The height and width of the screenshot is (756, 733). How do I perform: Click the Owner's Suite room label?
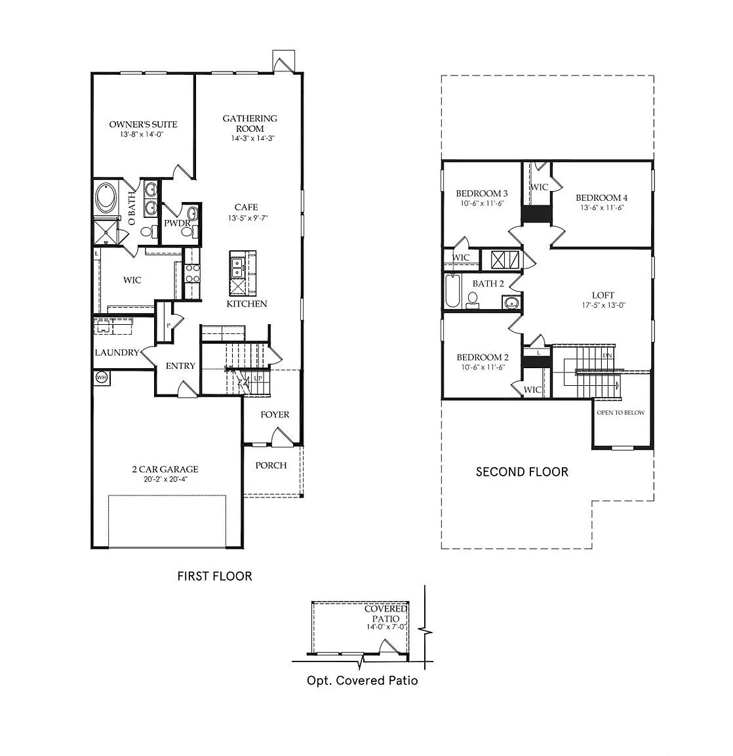click(x=143, y=125)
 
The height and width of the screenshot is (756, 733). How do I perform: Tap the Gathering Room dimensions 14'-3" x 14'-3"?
click(x=253, y=138)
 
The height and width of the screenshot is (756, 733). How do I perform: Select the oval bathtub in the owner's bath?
click(x=106, y=198)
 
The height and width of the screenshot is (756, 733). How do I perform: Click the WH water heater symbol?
click(x=101, y=377)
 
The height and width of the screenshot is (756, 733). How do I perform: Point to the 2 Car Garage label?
click(x=165, y=469)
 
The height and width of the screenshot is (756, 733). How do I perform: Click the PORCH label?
click(x=271, y=465)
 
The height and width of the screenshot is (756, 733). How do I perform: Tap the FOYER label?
click(x=275, y=415)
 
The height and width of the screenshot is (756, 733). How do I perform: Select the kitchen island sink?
click(x=237, y=267)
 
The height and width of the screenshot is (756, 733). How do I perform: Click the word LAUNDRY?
click(x=117, y=352)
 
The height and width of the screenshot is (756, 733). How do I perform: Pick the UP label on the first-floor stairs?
click(x=258, y=379)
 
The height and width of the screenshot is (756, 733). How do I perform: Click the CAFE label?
click(x=246, y=207)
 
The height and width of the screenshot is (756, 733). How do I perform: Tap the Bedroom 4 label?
click(x=601, y=198)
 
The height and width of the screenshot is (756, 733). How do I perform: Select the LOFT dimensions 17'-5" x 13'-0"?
click(x=603, y=305)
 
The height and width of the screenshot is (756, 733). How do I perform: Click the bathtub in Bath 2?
click(x=452, y=291)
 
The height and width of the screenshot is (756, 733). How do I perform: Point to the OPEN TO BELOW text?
click(x=620, y=413)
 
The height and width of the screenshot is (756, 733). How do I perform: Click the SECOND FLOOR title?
click(x=522, y=472)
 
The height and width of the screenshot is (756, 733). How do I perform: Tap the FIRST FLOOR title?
click(x=215, y=576)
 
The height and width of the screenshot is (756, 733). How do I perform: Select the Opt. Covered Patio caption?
click(x=362, y=681)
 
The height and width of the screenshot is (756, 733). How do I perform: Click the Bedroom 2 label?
click(x=483, y=357)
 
